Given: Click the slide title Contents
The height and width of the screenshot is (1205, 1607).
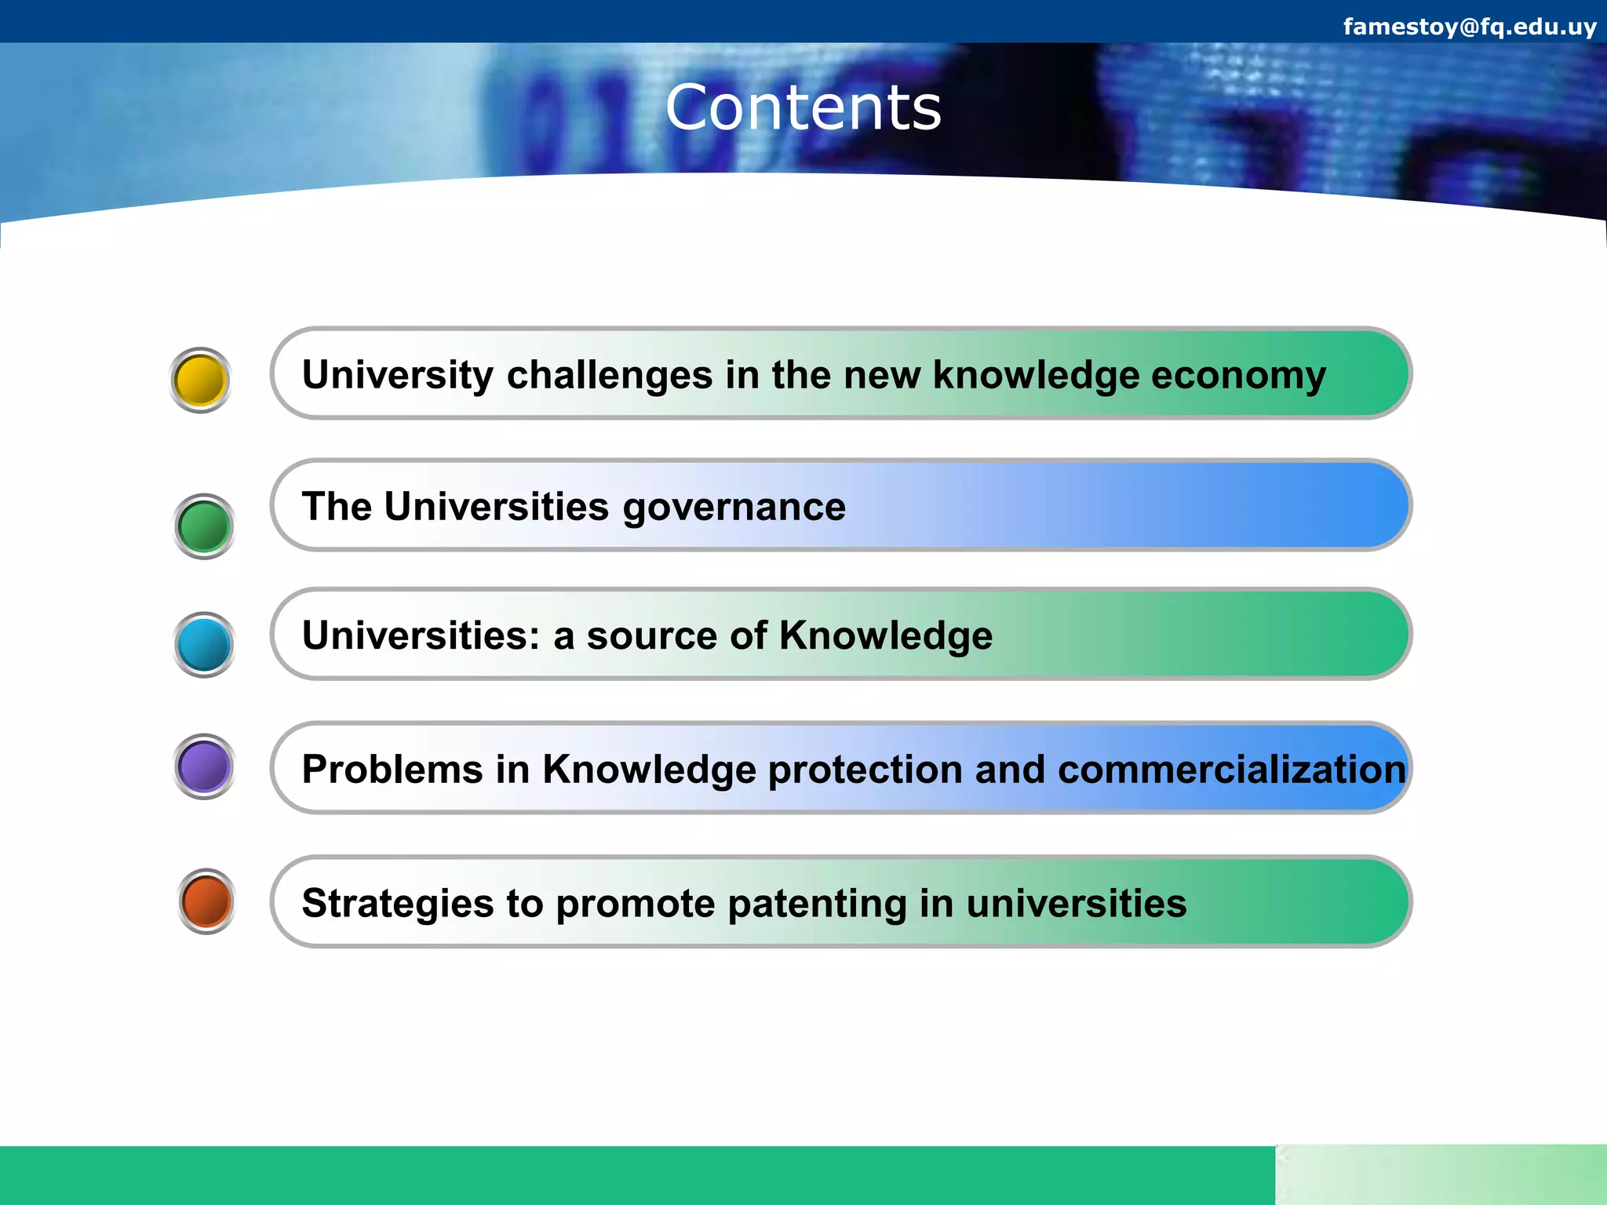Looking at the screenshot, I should click(803, 107).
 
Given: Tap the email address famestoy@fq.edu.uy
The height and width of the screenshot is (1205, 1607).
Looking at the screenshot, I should click(1469, 27).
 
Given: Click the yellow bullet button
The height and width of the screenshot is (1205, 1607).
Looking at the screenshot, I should click(201, 380).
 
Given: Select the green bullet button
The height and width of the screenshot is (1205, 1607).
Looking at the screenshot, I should click(204, 526).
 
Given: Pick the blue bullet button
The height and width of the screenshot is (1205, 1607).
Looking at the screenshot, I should click(204, 645).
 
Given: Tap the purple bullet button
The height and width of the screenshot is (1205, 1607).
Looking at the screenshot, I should click(204, 766).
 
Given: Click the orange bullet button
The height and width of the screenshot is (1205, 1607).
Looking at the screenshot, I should click(206, 901).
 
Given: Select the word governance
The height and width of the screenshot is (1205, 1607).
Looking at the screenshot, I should click(734, 508).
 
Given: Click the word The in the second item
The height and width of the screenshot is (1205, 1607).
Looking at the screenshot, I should click(336, 506).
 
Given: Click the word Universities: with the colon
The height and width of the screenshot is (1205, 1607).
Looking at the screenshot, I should click(421, 635).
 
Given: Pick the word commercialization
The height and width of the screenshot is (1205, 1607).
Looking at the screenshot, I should click(1231, 769).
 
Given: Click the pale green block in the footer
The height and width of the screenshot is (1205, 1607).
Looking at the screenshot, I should click(1441, 1174).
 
